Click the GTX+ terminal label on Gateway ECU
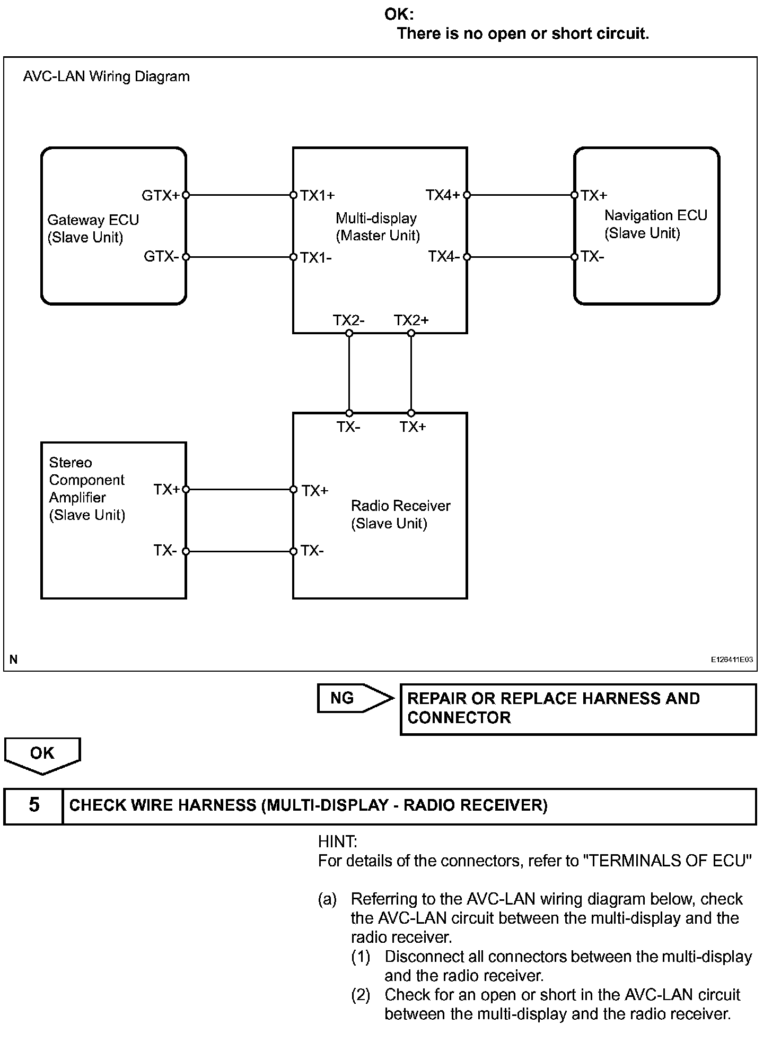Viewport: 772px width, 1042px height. (161, 196)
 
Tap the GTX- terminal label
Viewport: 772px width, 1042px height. (161, 257)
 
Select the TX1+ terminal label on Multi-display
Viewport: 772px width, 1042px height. (318, 196)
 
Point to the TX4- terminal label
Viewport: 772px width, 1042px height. (443, 257)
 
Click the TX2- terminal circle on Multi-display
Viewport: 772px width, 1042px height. (349, 333)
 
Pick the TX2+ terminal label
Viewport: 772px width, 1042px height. (411, 320)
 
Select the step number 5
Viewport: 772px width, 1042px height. (34, 805)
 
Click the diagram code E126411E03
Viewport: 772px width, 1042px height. (732, 659)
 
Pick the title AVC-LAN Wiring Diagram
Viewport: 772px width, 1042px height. (106, 76)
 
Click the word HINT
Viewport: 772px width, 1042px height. (338, 841)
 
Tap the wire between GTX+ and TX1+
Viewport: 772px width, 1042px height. (240, 195)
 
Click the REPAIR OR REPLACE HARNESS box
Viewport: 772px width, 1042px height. (578, 709)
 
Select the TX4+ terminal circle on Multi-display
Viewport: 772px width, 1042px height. (467, 195)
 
